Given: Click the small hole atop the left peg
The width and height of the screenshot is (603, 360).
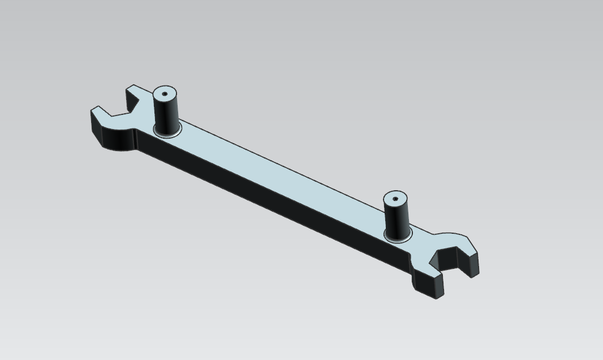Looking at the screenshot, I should [x=165, y=94].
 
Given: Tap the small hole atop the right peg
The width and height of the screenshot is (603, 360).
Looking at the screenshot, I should [x=395, y=199].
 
